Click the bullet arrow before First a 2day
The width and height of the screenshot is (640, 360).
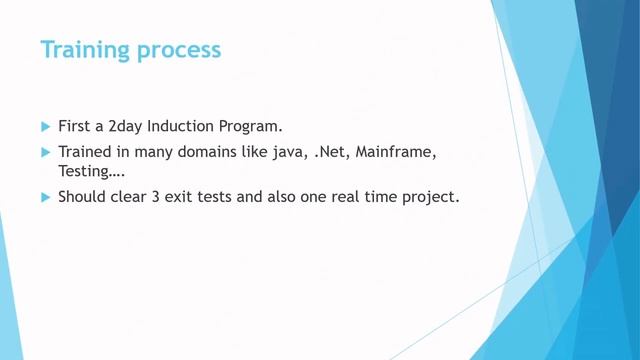point(45,127)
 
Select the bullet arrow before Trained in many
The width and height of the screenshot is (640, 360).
point(45,152)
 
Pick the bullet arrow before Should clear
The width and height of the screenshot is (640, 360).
point(45,197)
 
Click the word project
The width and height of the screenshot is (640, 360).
point(429,198)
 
